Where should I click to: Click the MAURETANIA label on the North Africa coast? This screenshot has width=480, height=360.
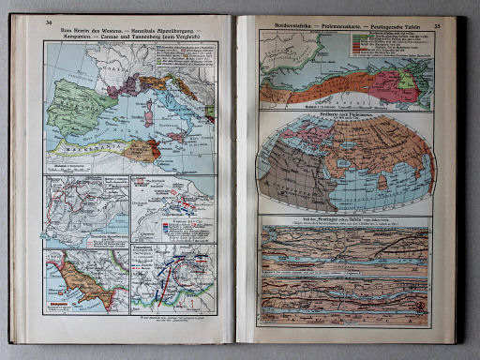(x=90, y=145)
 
